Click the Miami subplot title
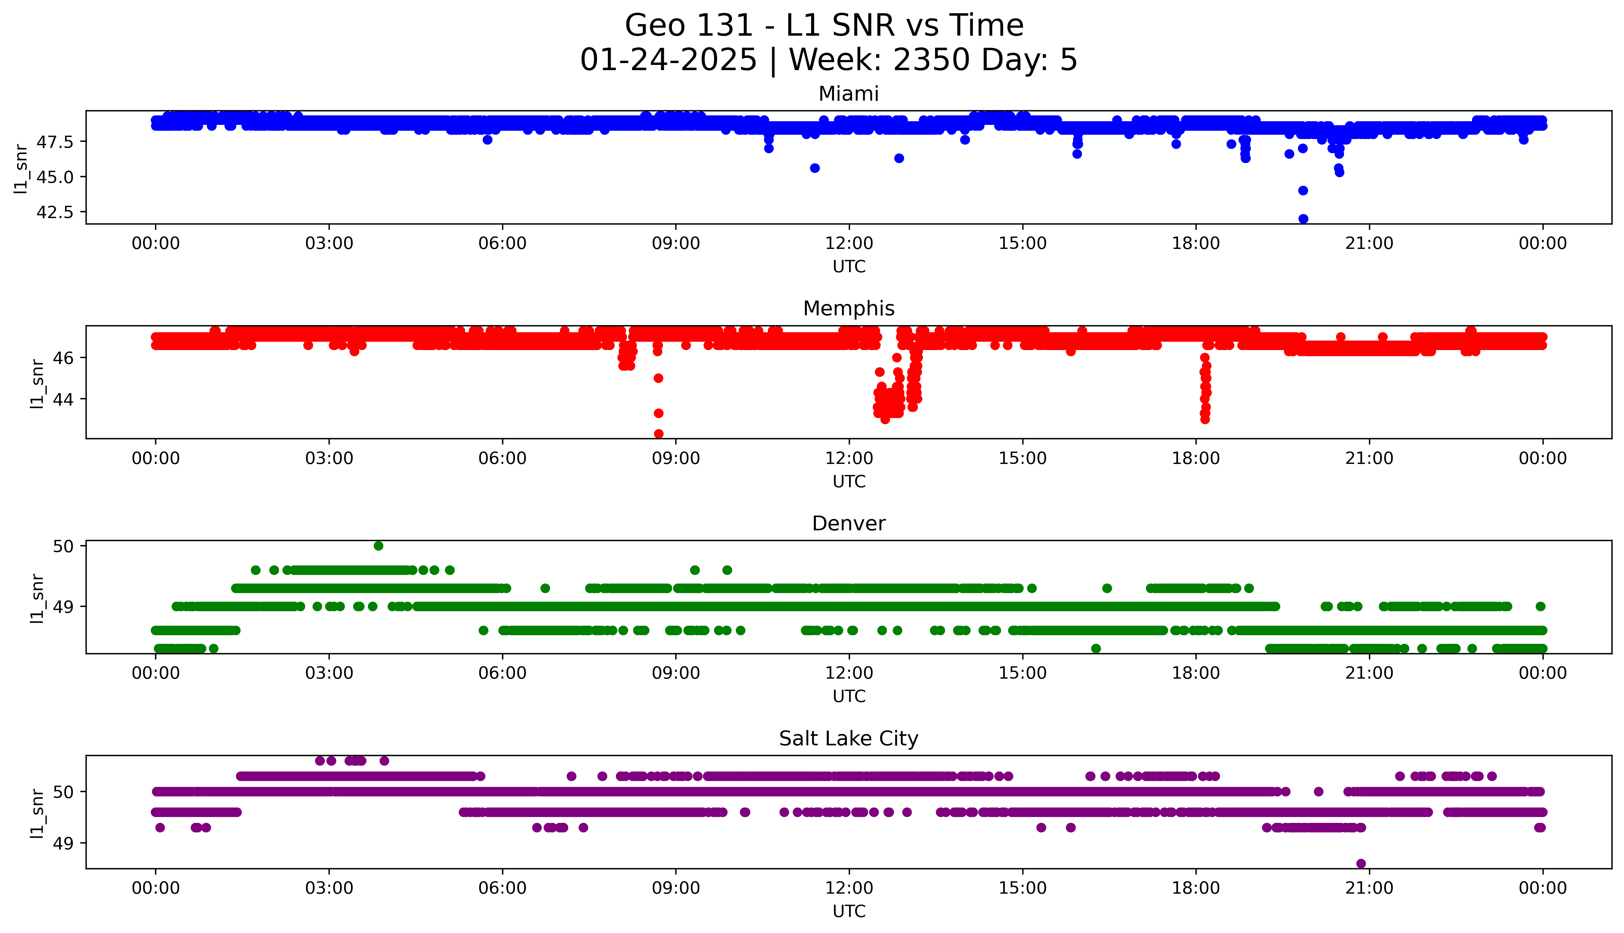848,94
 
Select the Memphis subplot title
848,309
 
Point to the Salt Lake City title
848,739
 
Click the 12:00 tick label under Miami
849,244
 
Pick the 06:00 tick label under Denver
502,673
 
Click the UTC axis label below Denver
849,696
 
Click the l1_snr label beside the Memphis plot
37,383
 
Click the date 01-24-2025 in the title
668,60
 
